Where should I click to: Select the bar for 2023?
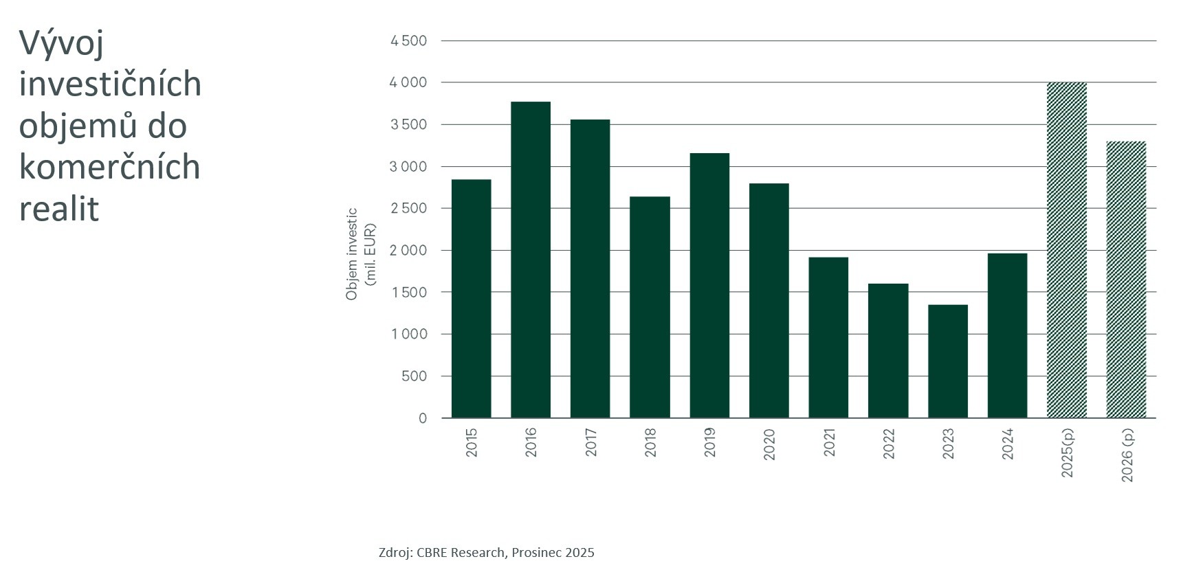[x=947, y=361]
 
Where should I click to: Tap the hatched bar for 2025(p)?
[x=1066, y=250]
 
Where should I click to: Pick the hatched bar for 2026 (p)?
[x=1126, y=280]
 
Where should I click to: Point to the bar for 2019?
[x=709, y=286]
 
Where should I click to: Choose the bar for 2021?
[x=828, y=337]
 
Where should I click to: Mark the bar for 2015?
[x=471, y=299]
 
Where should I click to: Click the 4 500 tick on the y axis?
[x=408, y=41]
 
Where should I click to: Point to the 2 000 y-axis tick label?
[x=408, y=251]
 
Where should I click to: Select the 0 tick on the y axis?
[x=423, y=418]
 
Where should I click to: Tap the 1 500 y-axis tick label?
[x=408, y=293]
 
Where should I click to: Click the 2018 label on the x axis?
[x=650, y=443]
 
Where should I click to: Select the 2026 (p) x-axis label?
[x=1127, y=454]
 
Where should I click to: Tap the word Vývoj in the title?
[x=61, y=43]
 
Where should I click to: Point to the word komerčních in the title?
[x=109, y=167]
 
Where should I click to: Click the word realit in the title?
[x=59, y=209]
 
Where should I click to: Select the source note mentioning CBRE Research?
[x=486, y=553]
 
